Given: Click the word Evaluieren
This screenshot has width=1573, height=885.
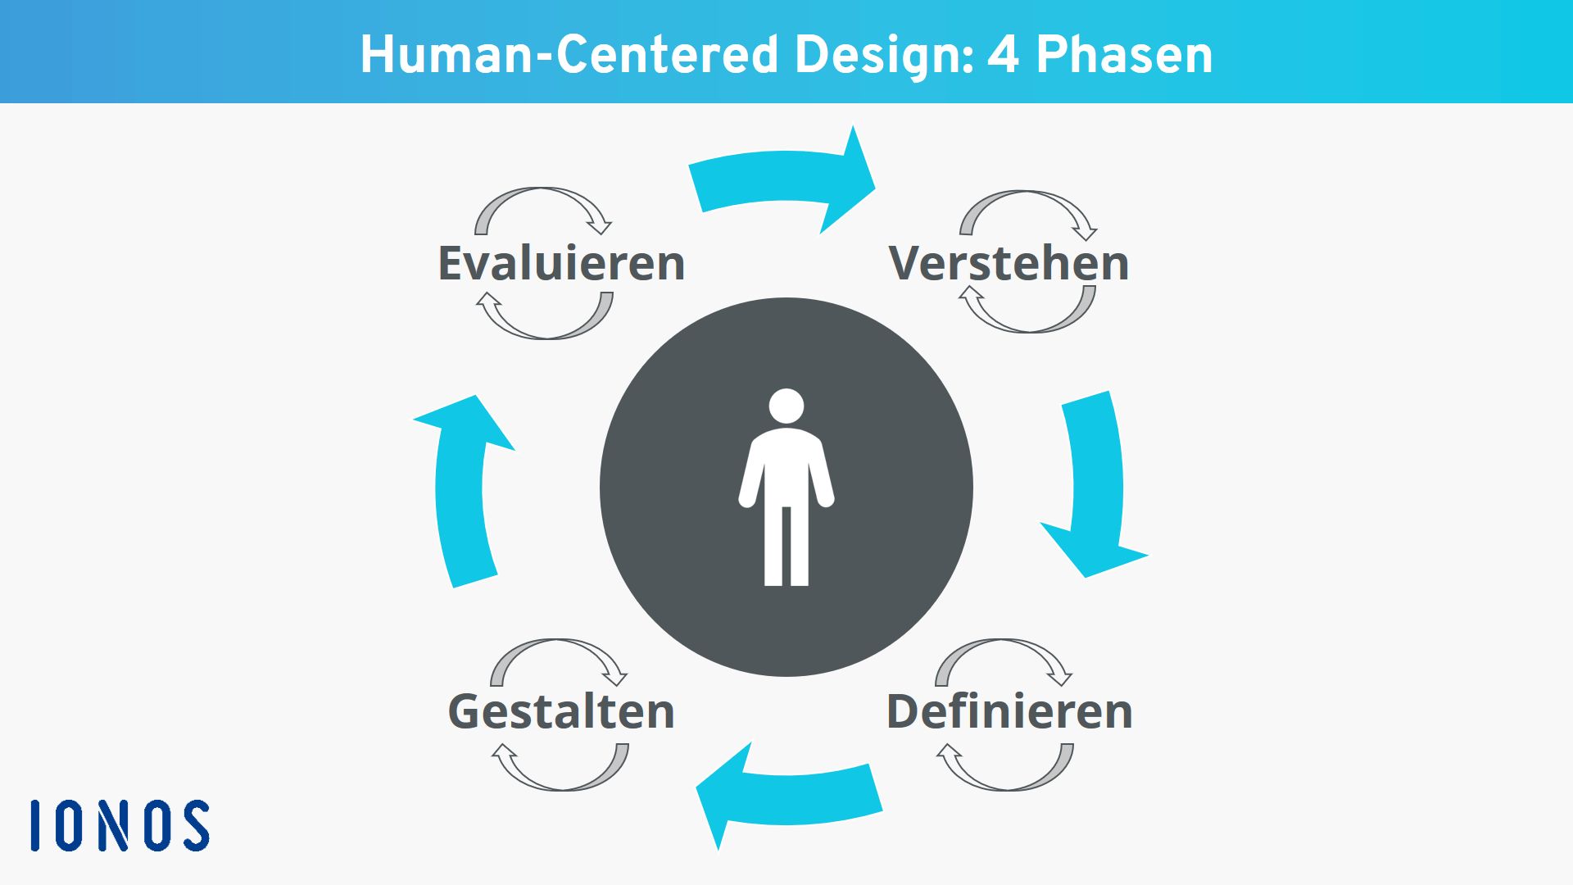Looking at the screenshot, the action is pyautogui.click(x=561, y=263).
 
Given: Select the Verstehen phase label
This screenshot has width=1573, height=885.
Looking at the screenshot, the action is pyautogui.click(x=1009, y=263).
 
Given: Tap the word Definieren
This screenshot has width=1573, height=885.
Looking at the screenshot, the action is pyautogui.click(x=1009, y=710).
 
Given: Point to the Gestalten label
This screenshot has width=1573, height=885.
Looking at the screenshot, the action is pyautogui.click(x=561, y=710).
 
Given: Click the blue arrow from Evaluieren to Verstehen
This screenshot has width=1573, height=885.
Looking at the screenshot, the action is pyautogui.click(x=782, y=175).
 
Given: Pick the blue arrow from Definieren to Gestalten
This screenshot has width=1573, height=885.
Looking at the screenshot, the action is pyautogui.click(x=788, y=799).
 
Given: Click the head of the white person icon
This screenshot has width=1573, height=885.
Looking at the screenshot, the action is pyautogui.click(x=786, y=406).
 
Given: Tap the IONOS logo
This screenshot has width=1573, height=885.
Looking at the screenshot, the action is pyautogui.click(x=120, y=825).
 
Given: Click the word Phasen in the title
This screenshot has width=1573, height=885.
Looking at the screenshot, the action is pyautogui.click(x=1124, y=55).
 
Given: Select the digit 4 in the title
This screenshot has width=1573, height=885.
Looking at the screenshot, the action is pyautogui.click(x=1004, y=55).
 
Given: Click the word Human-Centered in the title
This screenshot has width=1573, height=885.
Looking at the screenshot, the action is pyautogui.click(x=569, y=55).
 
